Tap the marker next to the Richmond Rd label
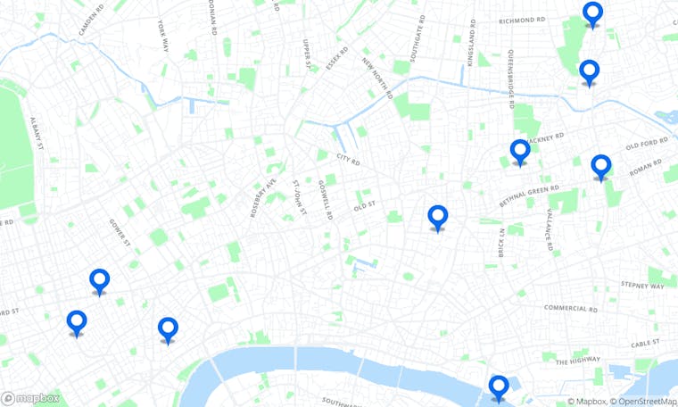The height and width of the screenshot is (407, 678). pyautogui.click(x=592, y=14)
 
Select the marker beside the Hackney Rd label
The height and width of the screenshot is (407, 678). pyautogui.click(x=520, y=152)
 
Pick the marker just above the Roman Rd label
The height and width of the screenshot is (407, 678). pyautogui.click(x=601, y=166)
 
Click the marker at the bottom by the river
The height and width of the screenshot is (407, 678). pyautogui.click(x=499, y=387)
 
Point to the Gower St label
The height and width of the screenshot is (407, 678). pyautogui.click(x=120, y=232)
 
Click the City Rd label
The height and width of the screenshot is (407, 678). pyautogui.click(x=348, y=161)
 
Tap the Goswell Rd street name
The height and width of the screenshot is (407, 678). pyautogui.click(x=324, y=201)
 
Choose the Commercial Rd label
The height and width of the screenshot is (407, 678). pyautogui.click(x=571, y=309)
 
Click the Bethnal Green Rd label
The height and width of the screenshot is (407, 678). pyautogui.click(x=529, y=197)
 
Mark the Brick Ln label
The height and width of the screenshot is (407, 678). pyautogui.click(x=502, y=243)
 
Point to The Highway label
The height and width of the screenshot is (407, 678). pyautogui.click(x=578, y=361)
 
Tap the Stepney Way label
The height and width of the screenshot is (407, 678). pyautogui.click(x=644, y=287)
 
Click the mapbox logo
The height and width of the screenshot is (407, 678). pyautogui.click(x=31, y=398)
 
